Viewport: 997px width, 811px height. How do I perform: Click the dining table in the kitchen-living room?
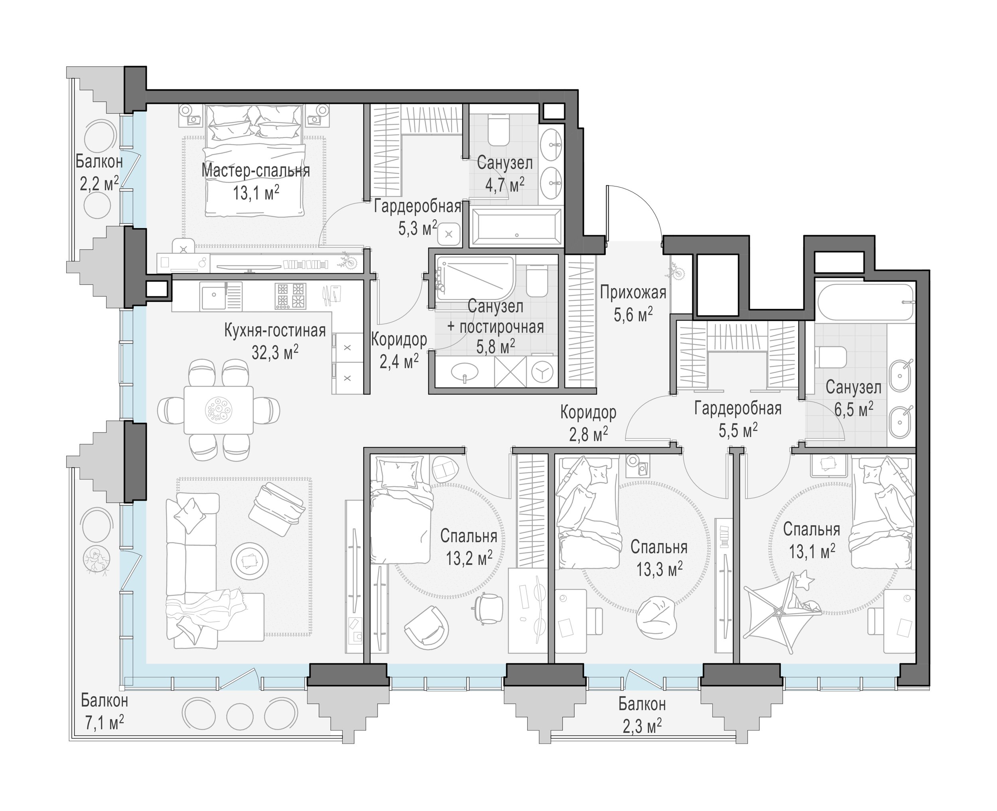point(219,410)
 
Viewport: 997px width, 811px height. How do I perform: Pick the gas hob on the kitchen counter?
point(290,296)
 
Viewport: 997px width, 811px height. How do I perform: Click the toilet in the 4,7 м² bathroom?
point(498,131)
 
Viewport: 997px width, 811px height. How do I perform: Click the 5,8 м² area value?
point(495,346)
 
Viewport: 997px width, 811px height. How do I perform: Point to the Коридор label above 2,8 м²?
point(588,412)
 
